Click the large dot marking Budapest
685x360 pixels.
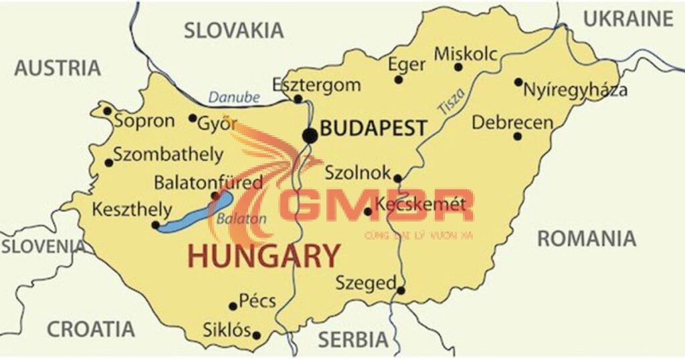tap(310, 136)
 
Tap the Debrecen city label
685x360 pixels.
tap(512, 122)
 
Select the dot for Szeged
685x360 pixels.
tap(401, 290)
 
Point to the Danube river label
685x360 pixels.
tap(233, 98)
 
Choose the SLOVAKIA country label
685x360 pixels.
tap(234, 30)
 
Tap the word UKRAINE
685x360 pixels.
tap(628, 19)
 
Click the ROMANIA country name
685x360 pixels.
tap(587, 239)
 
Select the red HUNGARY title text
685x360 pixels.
tap(264, 256)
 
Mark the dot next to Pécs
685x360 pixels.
tap(233, 306)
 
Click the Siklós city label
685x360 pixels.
tap(226, 331)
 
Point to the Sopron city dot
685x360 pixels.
tap(107, 111)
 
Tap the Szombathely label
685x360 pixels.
tap(168, 155)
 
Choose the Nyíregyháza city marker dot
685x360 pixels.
tap(518, 82)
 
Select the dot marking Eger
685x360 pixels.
tap(399, 80)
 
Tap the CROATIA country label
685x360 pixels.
tap(91, 329)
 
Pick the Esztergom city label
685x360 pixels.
tap(316, 85)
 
